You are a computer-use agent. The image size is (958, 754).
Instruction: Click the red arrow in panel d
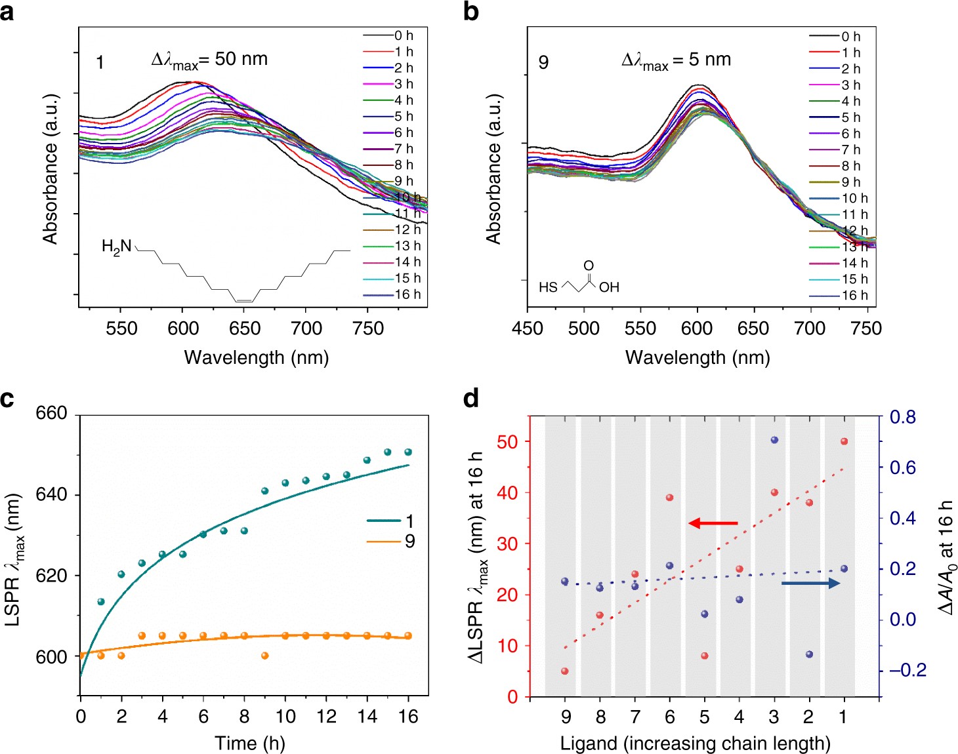tap(713, 523)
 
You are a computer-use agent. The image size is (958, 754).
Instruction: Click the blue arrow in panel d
tap(810, 583)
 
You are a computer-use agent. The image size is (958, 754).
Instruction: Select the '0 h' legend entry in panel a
tap(404, 35)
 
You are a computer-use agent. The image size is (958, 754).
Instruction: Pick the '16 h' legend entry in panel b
tap(854, 296)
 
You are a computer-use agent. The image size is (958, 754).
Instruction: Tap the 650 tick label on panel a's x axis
tap(245, 328)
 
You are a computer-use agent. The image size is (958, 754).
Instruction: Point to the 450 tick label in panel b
tap(528, 328)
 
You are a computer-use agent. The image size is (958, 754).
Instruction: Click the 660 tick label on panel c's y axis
tap(51, 413)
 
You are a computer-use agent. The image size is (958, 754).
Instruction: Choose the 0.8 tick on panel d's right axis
tap(902, 417)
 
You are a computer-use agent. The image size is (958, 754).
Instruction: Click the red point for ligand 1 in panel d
tap(844, 441)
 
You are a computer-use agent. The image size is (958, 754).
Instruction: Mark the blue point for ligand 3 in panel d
tap(774, 440)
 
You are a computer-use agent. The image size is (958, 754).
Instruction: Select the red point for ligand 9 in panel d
tap(565, 671)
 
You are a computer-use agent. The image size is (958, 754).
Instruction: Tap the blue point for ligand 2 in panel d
tap(809, 654)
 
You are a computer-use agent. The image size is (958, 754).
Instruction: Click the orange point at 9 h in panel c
tap(265, 656)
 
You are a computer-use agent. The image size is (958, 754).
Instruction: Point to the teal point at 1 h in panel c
tap(101, 601)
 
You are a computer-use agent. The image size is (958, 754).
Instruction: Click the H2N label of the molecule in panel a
tap(116, 247)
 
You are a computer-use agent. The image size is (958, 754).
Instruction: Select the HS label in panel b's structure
tap(548, 287)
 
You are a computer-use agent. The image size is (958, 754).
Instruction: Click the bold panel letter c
tap(7, 398)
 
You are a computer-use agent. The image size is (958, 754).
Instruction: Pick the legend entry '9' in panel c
tap(409, 542)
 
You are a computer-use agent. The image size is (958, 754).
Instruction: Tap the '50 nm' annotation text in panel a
tap(241, 59)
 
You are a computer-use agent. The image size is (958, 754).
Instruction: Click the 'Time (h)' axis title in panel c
tap(249, 743)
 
